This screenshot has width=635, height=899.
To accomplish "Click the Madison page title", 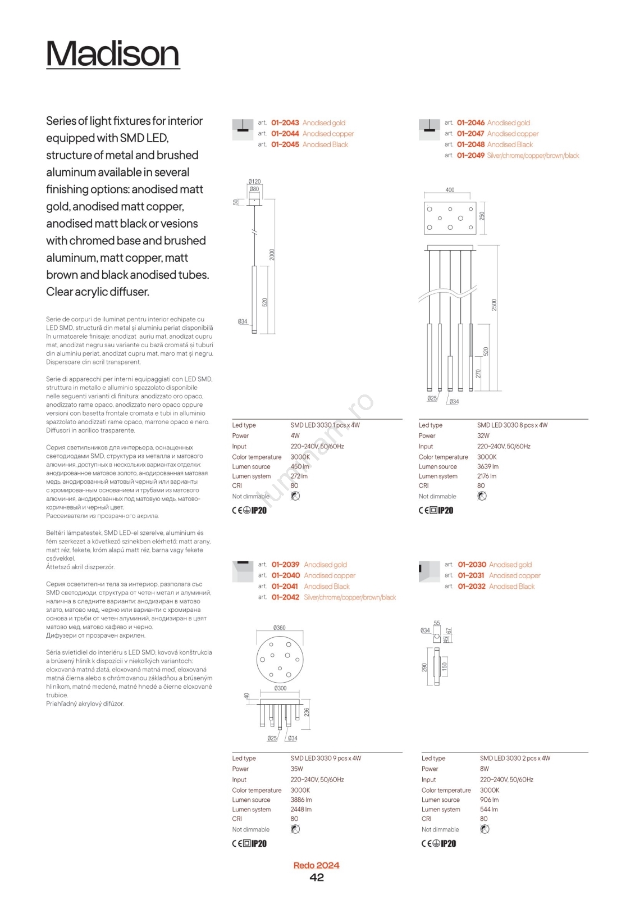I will tap(112, 54).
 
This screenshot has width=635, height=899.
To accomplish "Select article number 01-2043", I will tap(285, 122).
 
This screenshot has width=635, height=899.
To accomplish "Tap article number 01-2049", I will tap(470, 156).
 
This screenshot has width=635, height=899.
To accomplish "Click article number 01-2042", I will tap(285, 597).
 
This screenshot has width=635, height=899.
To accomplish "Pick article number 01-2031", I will tap(471, 575).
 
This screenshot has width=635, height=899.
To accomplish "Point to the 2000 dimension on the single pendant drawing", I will tap(272, 254).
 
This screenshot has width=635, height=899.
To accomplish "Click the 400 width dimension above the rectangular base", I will tap(450, 190).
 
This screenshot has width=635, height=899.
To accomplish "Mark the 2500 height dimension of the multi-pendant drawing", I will tap(494, 305).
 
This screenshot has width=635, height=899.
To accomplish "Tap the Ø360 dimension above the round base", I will tap(279, 628).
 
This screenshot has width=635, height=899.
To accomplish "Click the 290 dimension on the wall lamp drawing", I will tap(424, 667).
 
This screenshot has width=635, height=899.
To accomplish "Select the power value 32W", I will tap(483, 435).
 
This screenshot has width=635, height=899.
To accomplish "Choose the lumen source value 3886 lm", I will tap(301, 800).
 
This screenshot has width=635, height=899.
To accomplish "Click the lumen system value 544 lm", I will tap(489, 809).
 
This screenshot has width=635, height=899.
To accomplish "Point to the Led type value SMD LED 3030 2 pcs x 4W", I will tap(515, 758).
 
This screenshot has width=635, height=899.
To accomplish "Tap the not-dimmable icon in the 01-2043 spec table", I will tap(295, 496).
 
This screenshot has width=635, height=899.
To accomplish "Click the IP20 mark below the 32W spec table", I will tap(445, 510).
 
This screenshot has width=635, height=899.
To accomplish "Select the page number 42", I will tap(317, 878).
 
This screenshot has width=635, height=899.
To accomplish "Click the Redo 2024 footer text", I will tap(316, 865).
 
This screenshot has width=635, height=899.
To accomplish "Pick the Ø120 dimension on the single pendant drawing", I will tap(254, 181).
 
